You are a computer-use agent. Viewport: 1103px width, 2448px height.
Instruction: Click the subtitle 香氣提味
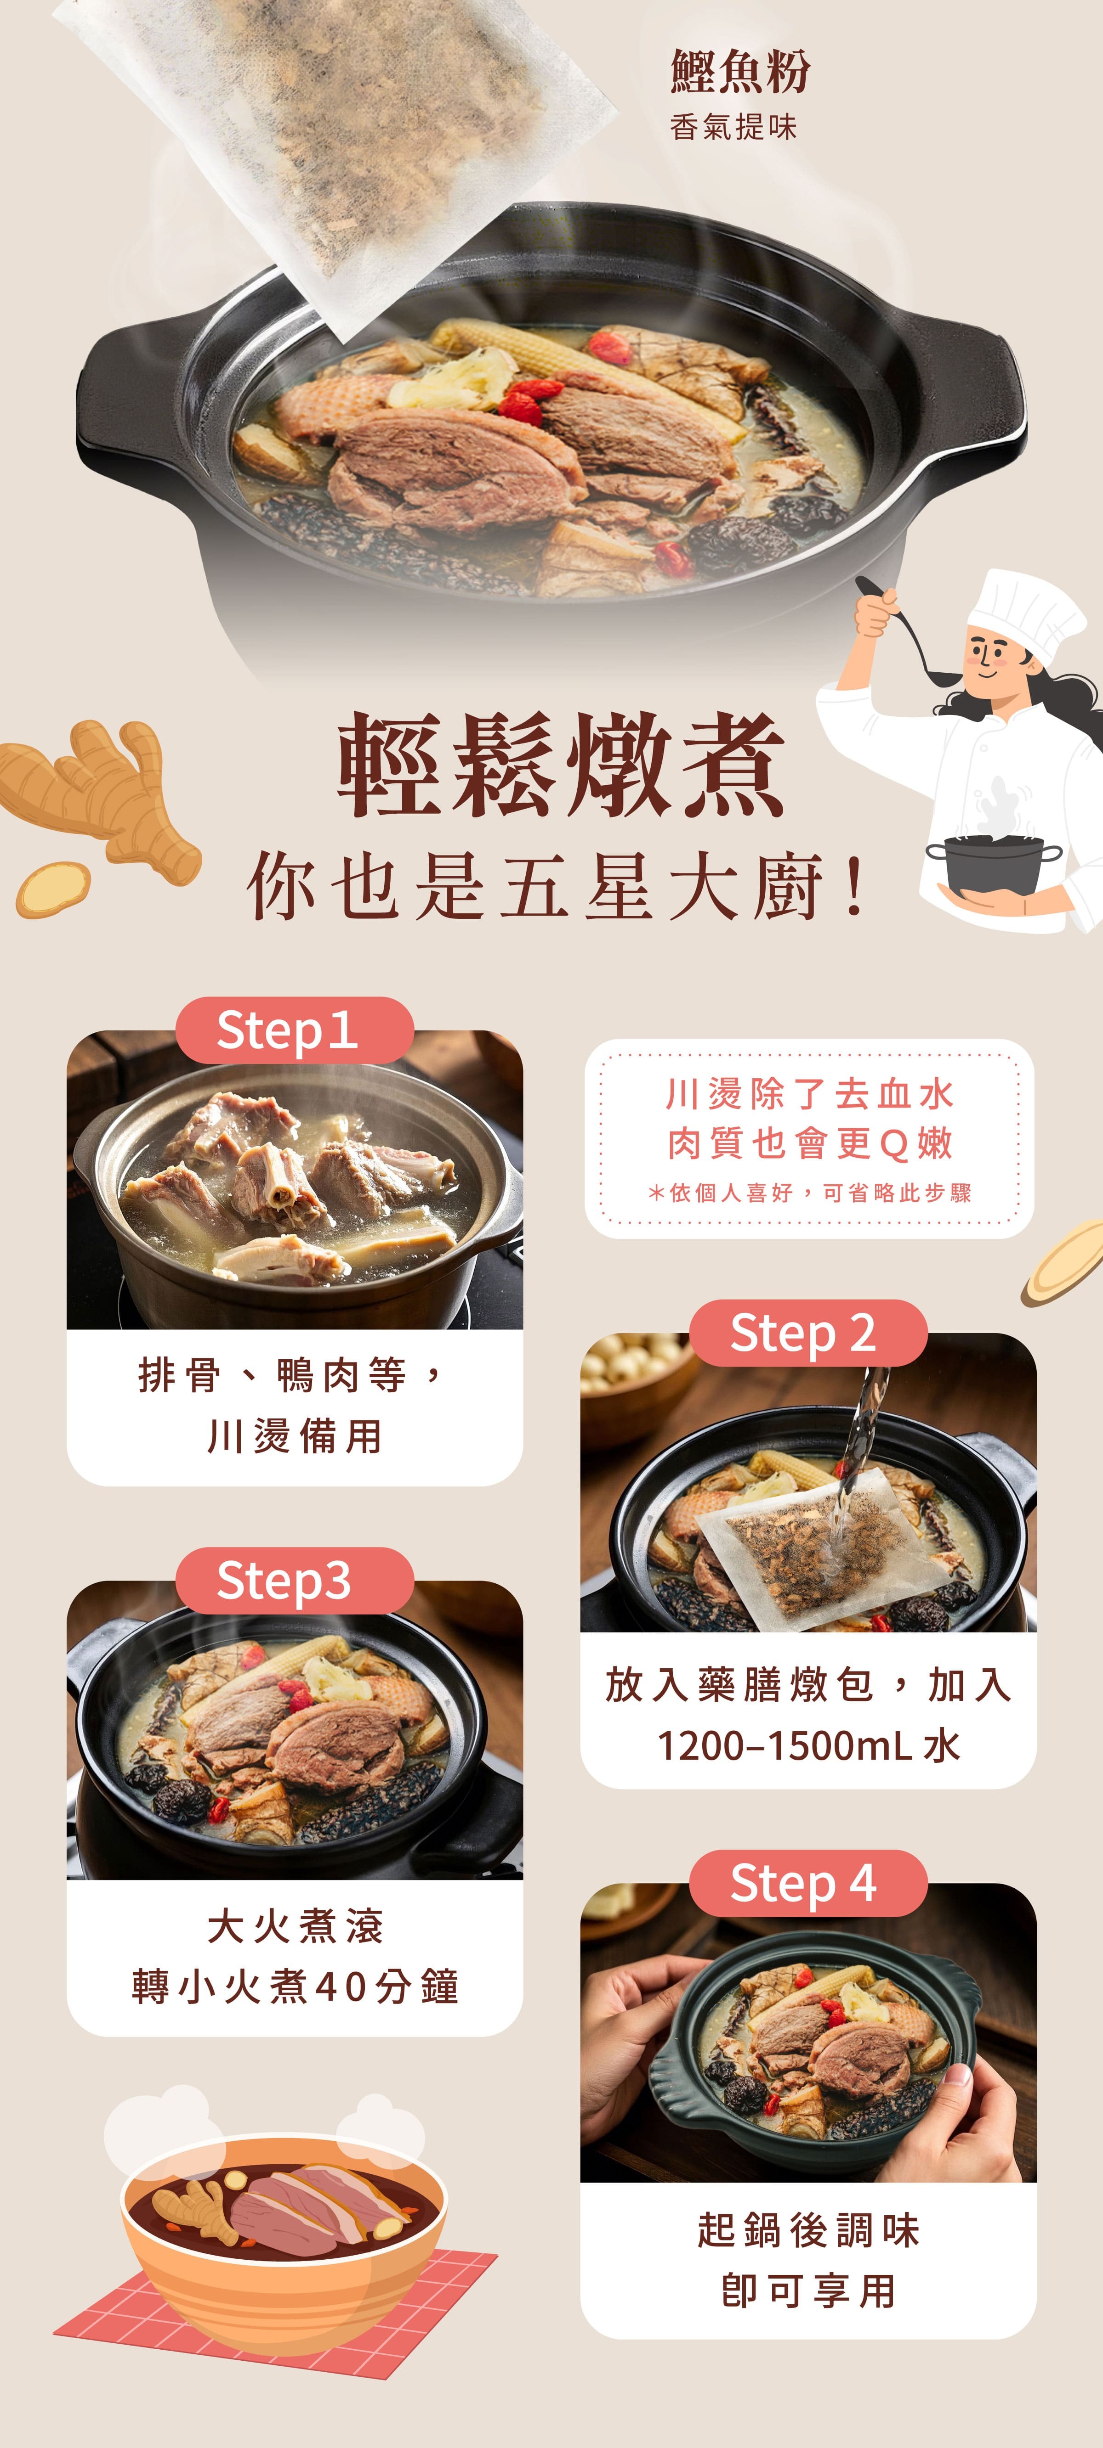point(733,127)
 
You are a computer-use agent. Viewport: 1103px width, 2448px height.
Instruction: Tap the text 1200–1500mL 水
point(808,1746)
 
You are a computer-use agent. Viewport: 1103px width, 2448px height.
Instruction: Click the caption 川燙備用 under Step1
point(295,1436)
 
